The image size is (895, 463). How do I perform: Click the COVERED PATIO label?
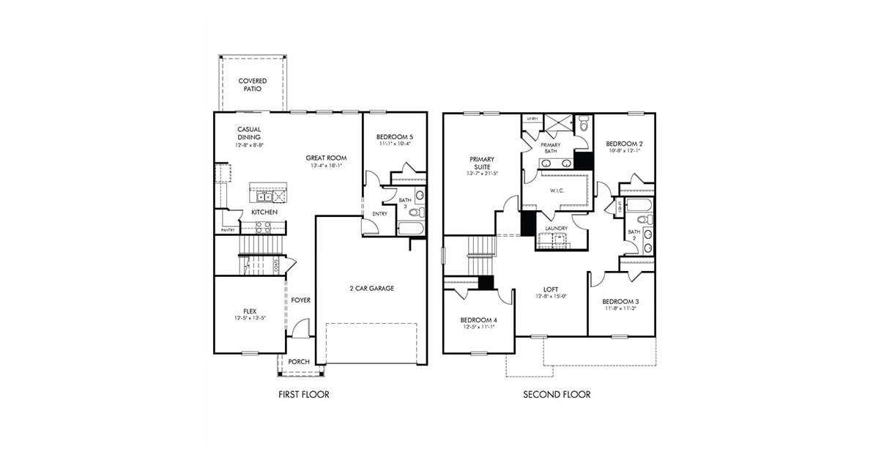point(252,85)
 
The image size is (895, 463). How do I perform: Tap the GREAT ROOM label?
point(326,158)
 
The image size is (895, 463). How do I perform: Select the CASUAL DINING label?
point(249,133)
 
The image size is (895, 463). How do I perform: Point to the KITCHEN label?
point(264,212)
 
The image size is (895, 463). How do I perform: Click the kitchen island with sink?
point(268,194)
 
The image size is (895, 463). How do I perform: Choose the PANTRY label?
point(228,231)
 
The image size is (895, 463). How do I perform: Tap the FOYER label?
point(300,300)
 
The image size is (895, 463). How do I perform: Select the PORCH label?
point(299,362)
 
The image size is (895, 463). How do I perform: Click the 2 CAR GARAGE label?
point(371,289)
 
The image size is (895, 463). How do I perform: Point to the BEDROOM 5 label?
point(395,137)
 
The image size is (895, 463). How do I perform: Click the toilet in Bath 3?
point(415,213)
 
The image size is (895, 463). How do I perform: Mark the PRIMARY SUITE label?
point(482,163)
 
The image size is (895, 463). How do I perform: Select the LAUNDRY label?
point(557,229)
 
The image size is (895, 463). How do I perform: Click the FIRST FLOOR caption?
point(304,395)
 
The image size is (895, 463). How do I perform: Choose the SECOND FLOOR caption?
point(557,395)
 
